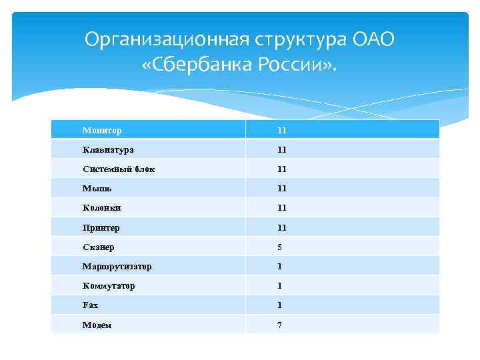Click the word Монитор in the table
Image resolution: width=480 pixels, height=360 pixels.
(x=102, y=130)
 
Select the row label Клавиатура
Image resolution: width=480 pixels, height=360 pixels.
(x=108, y=149)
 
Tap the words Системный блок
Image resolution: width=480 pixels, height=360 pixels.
(x=119, y=169)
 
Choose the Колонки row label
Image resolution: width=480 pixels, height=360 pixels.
(x=102, y=208)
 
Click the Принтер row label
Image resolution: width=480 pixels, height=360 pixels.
(x=101, y=227)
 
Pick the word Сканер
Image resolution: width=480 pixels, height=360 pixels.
(x=99, y=247)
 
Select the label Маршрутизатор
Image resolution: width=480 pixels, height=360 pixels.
(x=117, y=266)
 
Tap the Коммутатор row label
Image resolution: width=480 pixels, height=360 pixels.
(x=109, y=285)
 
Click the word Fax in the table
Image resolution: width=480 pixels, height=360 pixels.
(x=90, y=305)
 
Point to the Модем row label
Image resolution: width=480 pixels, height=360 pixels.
(x=97, y=325)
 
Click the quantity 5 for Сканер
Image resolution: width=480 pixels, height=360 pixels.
(x=280, y=247)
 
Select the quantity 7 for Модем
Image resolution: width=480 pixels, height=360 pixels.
(x=280, y=325)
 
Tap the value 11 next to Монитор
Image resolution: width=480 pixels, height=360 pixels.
(x=282, y=130)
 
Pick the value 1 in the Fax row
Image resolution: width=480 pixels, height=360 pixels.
(x=280, y=305)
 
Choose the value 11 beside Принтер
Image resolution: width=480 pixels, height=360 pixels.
(x=282, y=227)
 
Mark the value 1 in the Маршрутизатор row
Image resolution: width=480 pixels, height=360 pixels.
(x=280, y=266)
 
